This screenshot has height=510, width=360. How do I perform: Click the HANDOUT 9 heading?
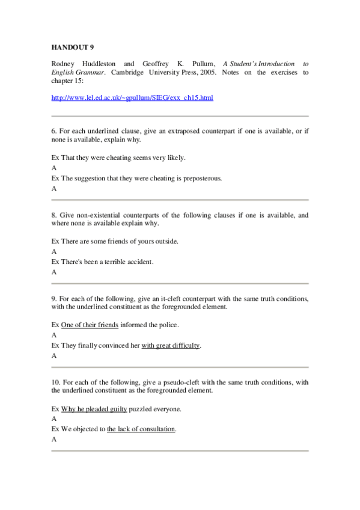[x=73, y=46]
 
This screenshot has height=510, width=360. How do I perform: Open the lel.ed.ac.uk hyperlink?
[x=132, y=97]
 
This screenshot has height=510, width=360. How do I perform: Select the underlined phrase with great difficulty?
[x=171, y=346]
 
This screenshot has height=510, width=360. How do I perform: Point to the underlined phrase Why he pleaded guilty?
[x=94, y=409]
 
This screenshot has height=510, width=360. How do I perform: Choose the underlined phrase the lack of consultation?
[x=141, y=429]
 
